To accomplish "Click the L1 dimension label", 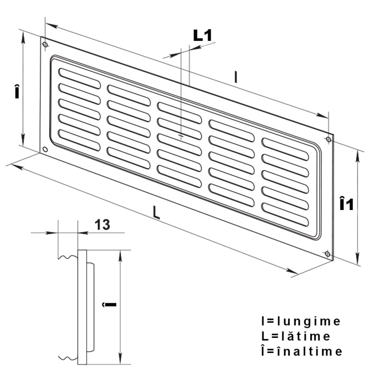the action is (202, 35).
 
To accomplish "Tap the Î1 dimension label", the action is (346, 203).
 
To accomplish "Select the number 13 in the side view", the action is (102, 225).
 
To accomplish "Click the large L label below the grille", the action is (156, 213).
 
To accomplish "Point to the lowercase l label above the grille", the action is (236, 77).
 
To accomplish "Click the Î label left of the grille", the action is (17, 91).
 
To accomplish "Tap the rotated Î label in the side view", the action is (109, 304).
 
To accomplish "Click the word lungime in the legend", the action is (308, 321).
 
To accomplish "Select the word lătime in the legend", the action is (306, 336).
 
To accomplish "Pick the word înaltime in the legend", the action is (309, 351).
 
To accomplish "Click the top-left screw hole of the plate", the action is (45, 45).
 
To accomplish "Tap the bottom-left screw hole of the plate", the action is (45, 149).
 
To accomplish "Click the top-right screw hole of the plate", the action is (329, 140).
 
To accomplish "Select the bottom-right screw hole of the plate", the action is (327, 254).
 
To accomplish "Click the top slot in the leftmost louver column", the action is (80, 78).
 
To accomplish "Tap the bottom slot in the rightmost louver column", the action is (285, 214).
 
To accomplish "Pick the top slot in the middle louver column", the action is (179, 113).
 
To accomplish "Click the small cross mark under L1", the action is (181, 136).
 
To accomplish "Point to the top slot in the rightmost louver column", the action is (285, 149).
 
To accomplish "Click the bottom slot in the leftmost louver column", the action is (80, 140).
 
